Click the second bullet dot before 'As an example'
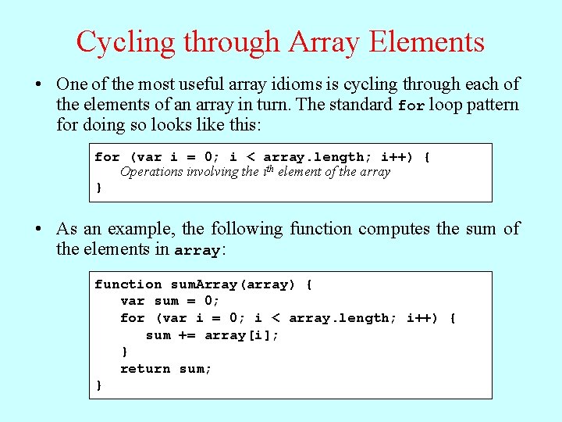pyautogui.click(x=38, y=229)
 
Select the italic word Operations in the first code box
pyautogui.click(x=151, y=172)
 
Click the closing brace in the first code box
pyautogui.click(x=98, y=188)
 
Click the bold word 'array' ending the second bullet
pyautogui.click(x=197, y=251)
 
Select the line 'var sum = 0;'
pyautogui.click(x=170, y=301)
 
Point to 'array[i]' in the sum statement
pyautogui.click(x=241, y=335)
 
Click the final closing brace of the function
pyautogui.click(x=98, y=385)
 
